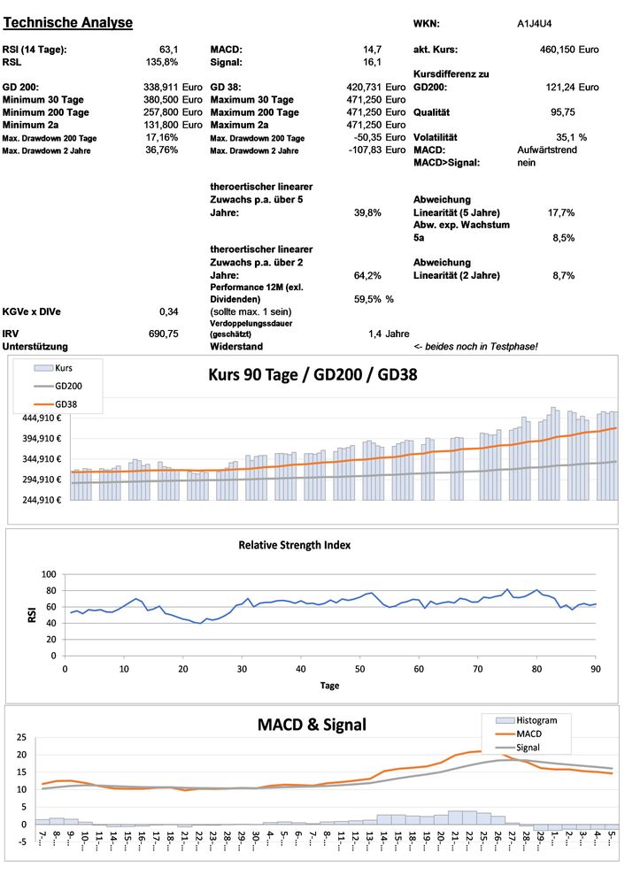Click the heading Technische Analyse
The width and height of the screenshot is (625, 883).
[69, 22]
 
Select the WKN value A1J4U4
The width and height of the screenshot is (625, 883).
[536, 23]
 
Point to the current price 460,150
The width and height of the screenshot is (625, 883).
[556, 50]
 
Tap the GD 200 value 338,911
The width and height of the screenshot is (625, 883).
[161, 88]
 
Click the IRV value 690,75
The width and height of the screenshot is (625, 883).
[163, 334]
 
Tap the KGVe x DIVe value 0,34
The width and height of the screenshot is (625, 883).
[168, 311]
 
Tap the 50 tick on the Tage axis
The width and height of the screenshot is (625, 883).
[359, 668]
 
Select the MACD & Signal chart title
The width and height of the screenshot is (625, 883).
[312, 725]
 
